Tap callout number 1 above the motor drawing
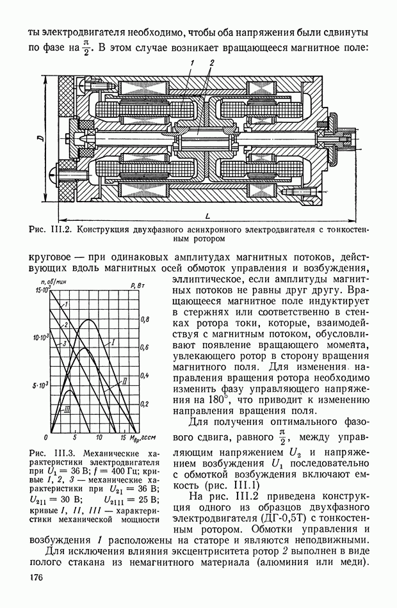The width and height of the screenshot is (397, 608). pyautogui.click(x=191, y=61)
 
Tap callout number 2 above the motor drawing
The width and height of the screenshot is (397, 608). pyautogui.click(x=211, y=61)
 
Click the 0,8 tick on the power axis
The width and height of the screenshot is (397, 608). pyautogui.click(x=145, y=318)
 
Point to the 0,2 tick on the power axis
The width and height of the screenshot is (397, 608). pyautogui.click(x=145, y=403)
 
